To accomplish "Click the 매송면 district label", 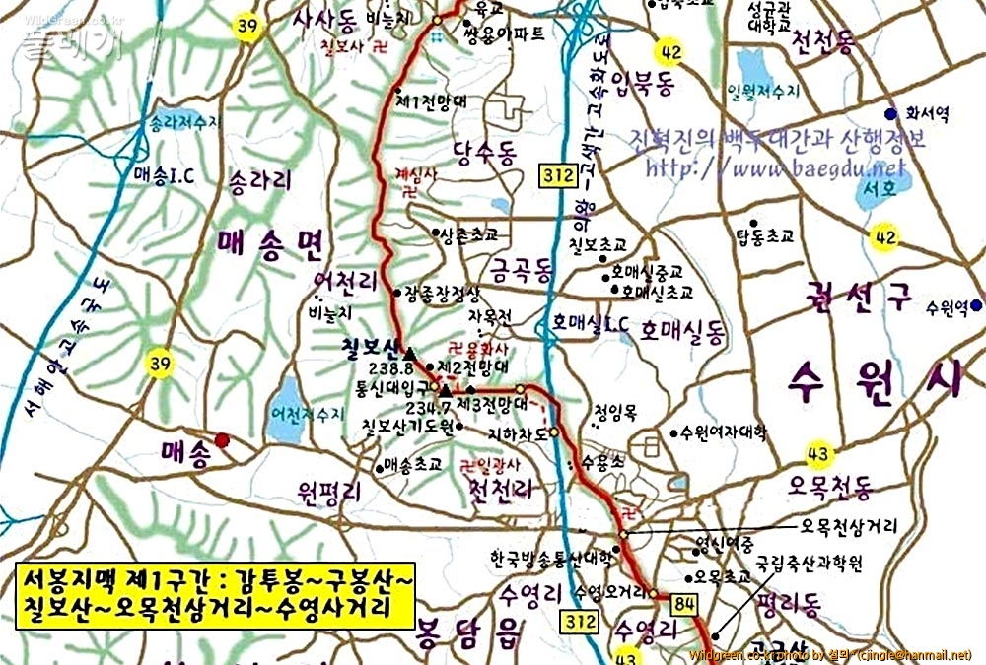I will [x=271, y=240].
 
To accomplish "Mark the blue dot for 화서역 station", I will [x=890, y=113].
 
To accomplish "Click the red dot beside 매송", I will [x=224, y=441].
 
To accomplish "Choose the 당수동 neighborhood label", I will [x=484, y=151].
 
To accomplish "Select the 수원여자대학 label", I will [x=726, y=432].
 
